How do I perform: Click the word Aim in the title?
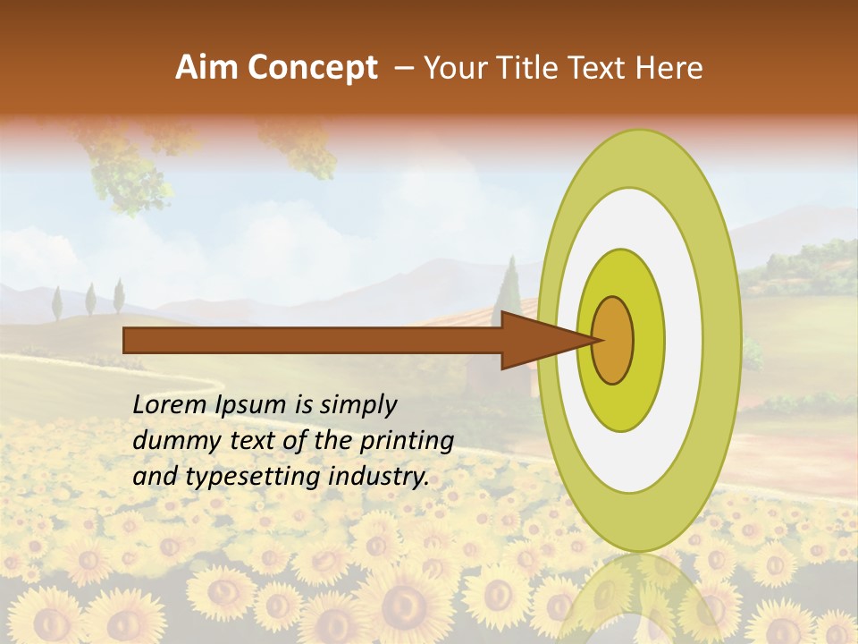[206, 68]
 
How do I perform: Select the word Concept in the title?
[312, 68]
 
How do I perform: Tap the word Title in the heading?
[536, 68]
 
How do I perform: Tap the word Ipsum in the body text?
[251, 405]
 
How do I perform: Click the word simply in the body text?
[357, 405]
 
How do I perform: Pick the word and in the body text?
[155, 477]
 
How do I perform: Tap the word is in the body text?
[306, 404]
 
